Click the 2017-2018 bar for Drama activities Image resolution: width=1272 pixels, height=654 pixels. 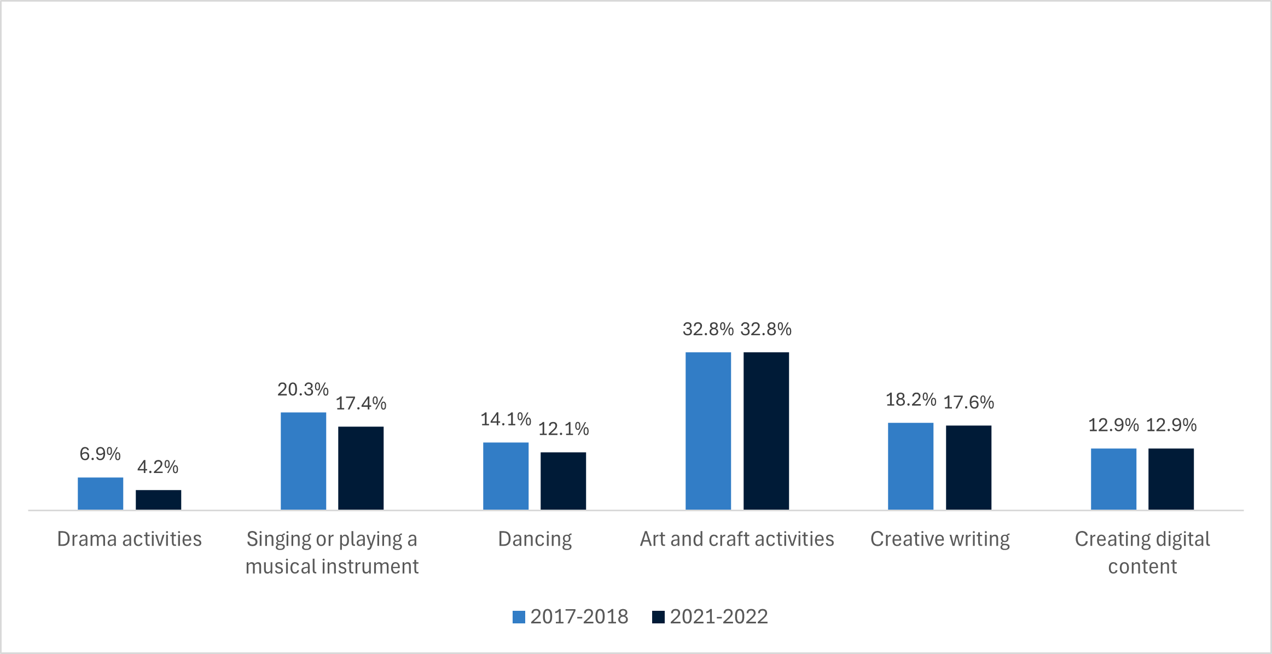tap(100, 494)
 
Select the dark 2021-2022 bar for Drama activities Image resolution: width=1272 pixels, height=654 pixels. tap(158, 500)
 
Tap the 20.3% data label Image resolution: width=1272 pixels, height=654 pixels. tap(303, 389)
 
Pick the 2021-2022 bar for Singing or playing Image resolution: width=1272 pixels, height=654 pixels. tap(361, 468)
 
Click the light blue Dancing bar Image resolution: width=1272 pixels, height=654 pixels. tap(506, 476)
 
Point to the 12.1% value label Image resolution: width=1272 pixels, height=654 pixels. tap(564, 429)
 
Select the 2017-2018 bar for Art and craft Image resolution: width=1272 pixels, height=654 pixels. tap(708, 431)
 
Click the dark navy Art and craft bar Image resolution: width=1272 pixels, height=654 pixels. tap(766, 431)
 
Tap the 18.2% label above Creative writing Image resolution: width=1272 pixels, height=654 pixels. tap(911, 400)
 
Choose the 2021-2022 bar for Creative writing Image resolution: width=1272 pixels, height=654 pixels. tap(968, 468)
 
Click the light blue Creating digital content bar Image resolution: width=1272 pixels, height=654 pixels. tap(1113, 479)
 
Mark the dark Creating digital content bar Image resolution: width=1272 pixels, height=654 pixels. tap(1171, 479)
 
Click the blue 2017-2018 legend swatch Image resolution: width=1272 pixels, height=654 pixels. tap(519, 617)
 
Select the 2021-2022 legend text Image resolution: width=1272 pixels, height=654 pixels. tap(719, 617)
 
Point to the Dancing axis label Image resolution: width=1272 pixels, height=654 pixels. tap(535, 539)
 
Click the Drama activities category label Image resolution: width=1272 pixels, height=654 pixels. tap(130, 539)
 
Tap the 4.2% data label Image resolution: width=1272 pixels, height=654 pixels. tap(158, 467)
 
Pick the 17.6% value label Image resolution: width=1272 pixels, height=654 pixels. tap(968, 402)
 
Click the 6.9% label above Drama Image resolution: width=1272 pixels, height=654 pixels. tap(100, 454)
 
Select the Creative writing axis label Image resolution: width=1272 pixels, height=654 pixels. tap(940, 539)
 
